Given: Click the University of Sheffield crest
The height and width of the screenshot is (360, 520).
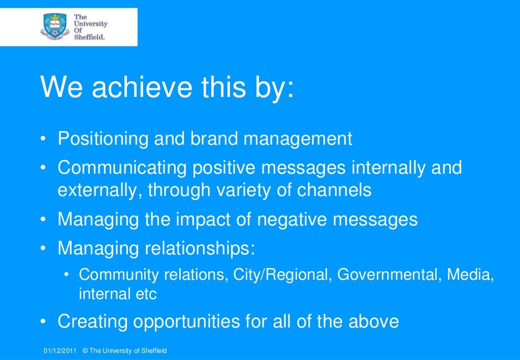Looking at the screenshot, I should click(54, 26).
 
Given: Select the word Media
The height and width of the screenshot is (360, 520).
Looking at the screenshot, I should click(470, 275).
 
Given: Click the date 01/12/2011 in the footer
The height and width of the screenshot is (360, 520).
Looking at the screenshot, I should click(60, 351).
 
